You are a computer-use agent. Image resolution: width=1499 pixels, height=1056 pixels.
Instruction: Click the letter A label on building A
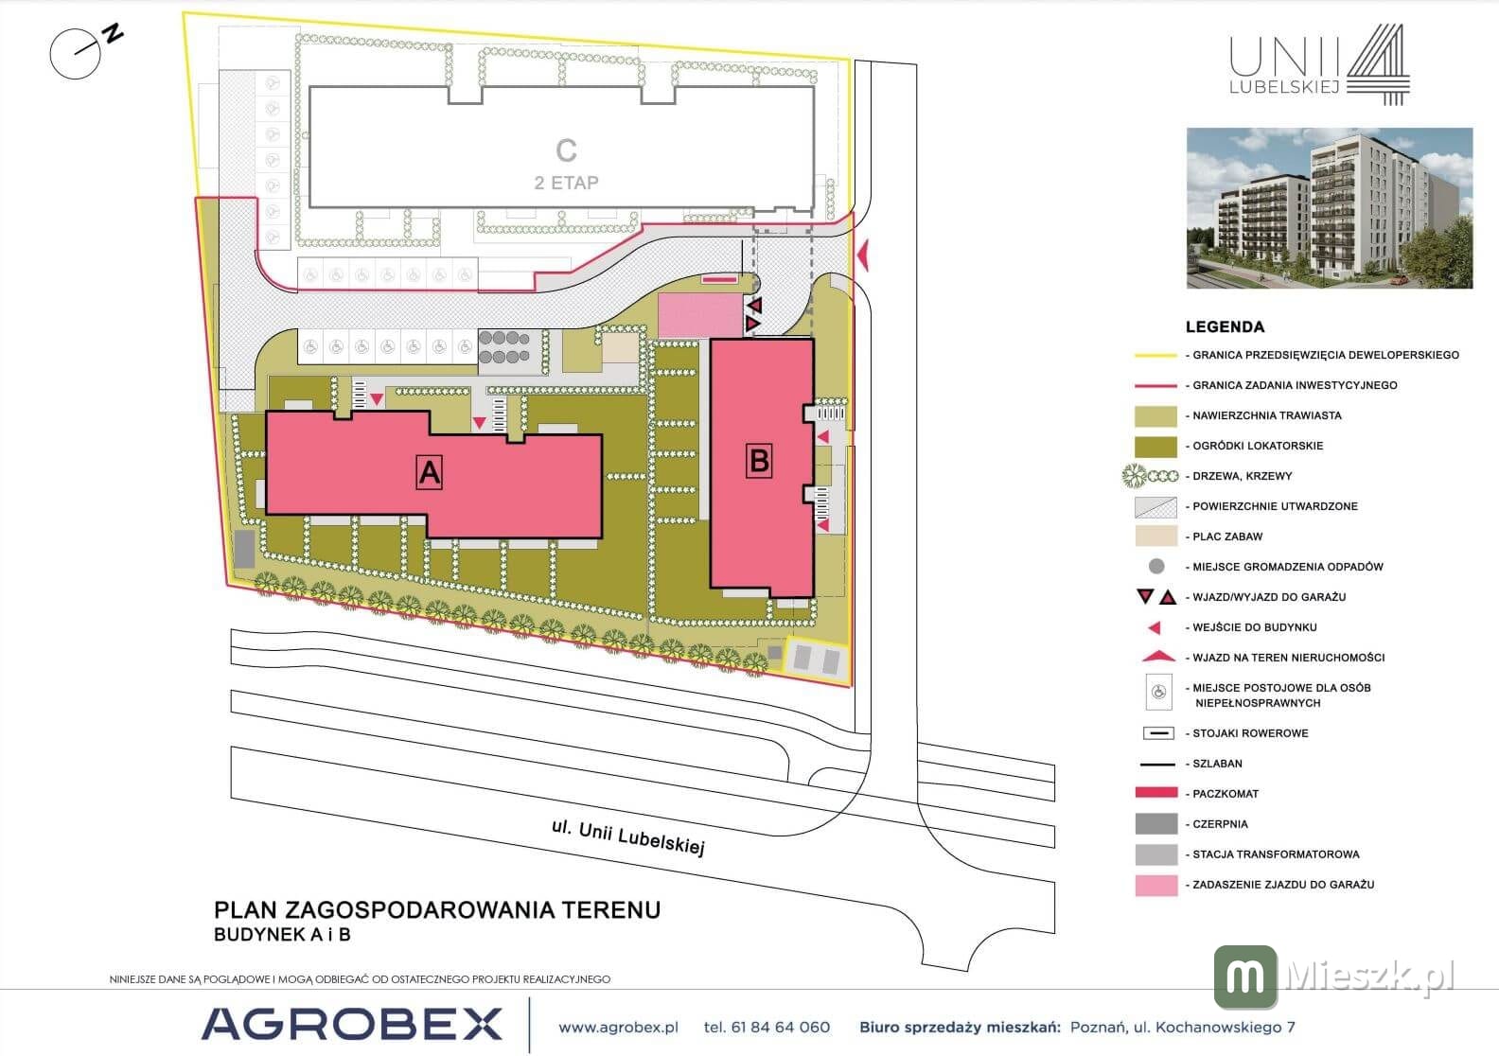click(x=429, y=472)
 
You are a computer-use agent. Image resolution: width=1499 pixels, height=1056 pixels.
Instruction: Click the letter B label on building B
click(x=759, y=461)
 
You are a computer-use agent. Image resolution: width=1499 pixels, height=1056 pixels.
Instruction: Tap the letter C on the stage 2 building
click(x=566, y=150)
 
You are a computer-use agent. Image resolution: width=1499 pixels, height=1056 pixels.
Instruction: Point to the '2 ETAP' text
click(x=566, y=183)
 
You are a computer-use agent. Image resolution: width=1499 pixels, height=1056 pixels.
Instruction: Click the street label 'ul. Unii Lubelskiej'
click(x=628, y=837)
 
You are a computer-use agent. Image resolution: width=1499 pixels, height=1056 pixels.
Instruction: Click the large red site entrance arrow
click(x=863, y=255)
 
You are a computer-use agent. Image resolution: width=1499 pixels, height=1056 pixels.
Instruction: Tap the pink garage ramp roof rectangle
click(x=700, y=316)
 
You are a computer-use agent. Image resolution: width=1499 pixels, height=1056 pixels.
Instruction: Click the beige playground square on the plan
click(x=621, y=347)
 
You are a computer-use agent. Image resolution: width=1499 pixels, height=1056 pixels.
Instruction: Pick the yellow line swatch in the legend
click(x=1155, y=356)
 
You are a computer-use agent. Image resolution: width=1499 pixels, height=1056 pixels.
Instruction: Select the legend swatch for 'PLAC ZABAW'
click(x=1155, y=536)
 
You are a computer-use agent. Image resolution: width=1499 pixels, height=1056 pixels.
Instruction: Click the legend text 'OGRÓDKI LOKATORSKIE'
click(x=1258, y=446)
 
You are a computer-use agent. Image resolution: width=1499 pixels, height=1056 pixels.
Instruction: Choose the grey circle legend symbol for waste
click(x=1156, y=567)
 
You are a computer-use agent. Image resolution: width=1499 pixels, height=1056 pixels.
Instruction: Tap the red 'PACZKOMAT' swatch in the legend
click(x=1156, y=792)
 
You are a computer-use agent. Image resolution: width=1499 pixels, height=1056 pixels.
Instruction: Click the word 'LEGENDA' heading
click(x=1225, y=327)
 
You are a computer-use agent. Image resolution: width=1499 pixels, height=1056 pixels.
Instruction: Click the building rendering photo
click(x=1330, y=208)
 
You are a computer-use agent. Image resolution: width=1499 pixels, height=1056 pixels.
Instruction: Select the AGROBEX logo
click(x=352, y=1024)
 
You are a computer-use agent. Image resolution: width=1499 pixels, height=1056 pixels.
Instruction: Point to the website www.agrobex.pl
click(x=618, y=1028)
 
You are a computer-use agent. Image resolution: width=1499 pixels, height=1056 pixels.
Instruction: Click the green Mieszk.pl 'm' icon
click(x=1245, y=977)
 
